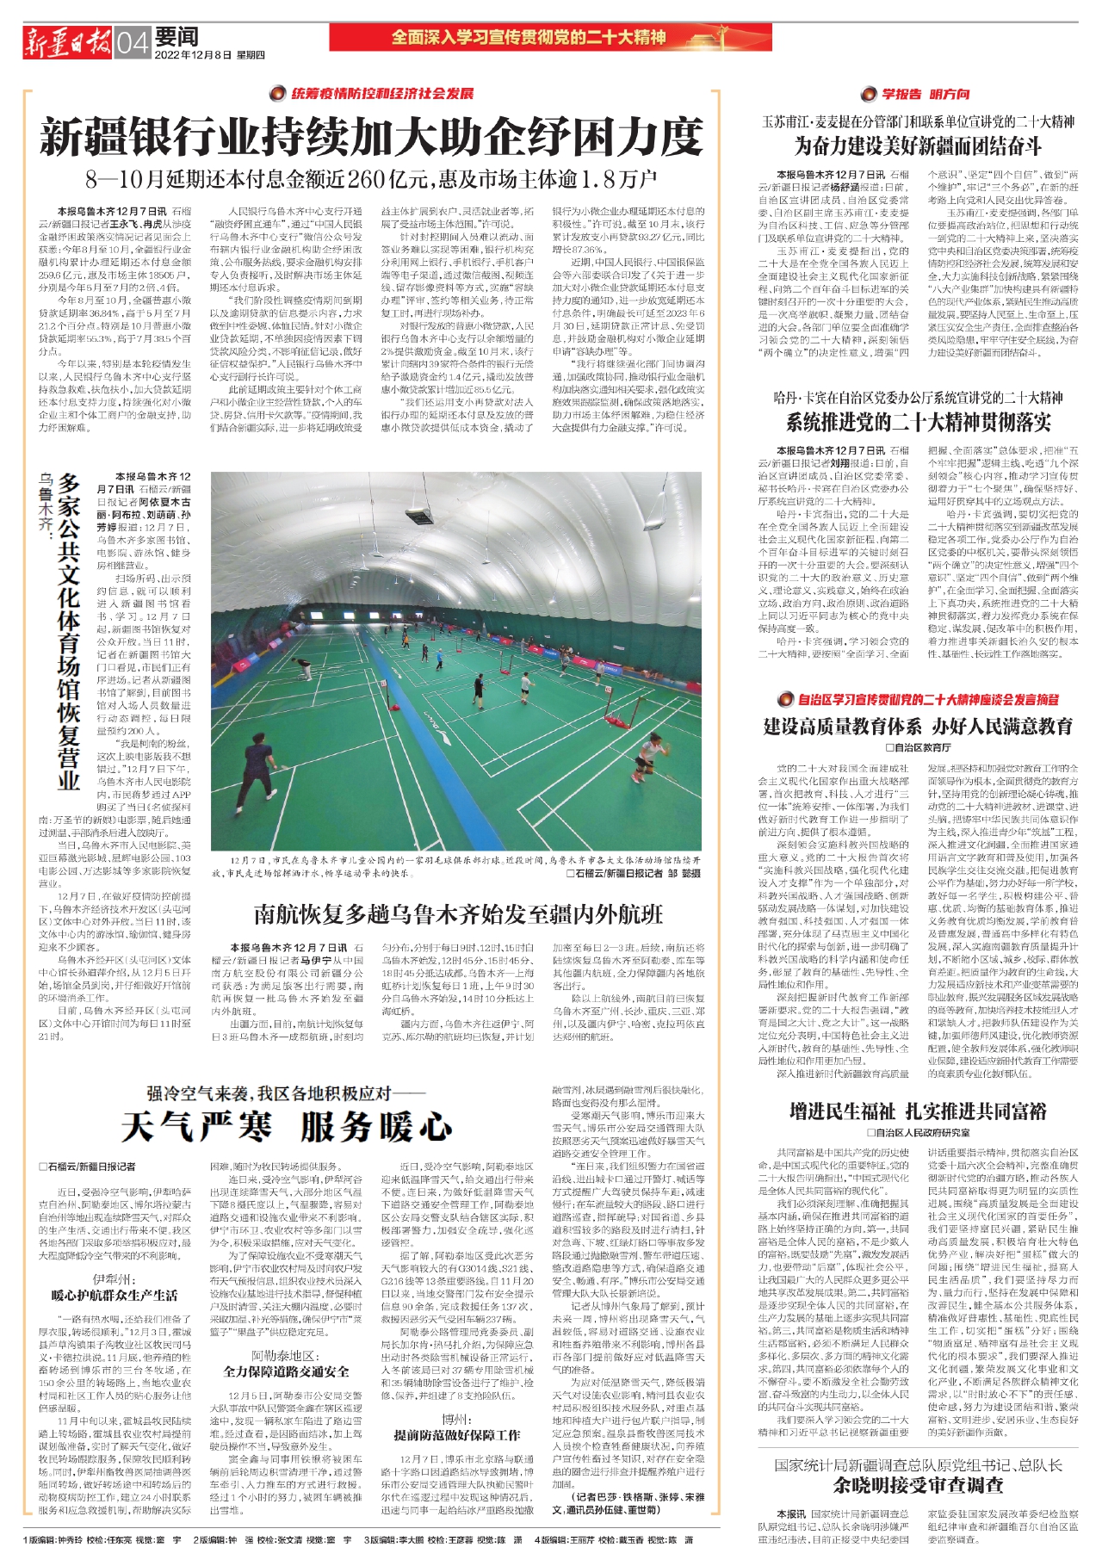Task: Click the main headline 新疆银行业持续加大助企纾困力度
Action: pos(371,139)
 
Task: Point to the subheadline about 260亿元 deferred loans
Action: pos(371,179)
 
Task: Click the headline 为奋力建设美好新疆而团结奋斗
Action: pos(918,145)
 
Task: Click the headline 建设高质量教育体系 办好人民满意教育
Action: pos(918,726)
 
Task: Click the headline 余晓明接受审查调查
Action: pos(918,1484)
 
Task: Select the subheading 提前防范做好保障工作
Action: pos(456,1435)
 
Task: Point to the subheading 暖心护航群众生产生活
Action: pos(114,1295)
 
